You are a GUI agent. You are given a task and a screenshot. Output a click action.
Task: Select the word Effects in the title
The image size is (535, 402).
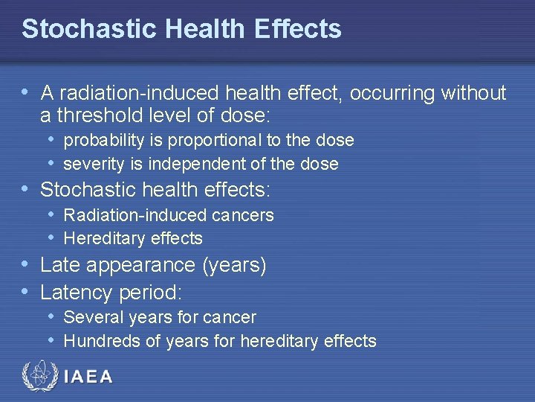297,29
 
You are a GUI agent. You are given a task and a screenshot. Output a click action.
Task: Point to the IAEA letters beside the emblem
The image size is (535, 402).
89,377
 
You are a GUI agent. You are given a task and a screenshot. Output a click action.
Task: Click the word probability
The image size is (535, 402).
103,140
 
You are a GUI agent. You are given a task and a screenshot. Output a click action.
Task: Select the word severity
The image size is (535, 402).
92,164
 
